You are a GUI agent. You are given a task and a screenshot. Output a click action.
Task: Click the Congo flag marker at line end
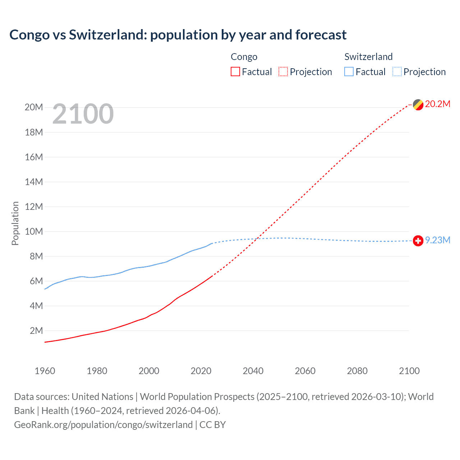pyautogui.click(x=418, y=105)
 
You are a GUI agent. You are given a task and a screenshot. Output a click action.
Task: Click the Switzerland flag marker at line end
pyautogui.click(x=418, y=240)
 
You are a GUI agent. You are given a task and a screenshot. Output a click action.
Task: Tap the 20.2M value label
pyautogui.click(x=437, y=104)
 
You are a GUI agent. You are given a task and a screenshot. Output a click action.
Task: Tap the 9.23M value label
pyautogui.click(x=437, y=240)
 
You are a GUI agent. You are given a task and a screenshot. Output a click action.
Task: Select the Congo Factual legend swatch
pyautogui.click(x=235, y=72)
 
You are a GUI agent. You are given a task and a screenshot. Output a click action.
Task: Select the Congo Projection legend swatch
pyautogui.click(x=283, y=72)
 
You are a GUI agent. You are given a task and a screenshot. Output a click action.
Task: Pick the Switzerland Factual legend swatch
pyautogui.click(x=349, y=72)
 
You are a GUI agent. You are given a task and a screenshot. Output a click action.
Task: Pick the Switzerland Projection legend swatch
pyautogui.click(x=397, y=72)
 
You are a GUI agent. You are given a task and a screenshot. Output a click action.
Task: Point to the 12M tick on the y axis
pyautogui.click(x=34, y=207)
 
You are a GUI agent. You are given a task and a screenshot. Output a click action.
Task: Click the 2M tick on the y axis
pyautogui.click(x=36, y=331)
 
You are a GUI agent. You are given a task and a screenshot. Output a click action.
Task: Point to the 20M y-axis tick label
pyautogui.click(x=34, y=107)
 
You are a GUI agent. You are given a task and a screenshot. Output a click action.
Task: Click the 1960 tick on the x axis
pyautogui.click(x=45, y=371)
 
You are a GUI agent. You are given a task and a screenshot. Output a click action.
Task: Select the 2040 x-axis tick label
pyautogui.click(x=253, y=371)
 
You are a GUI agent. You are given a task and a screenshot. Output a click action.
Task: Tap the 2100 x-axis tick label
pyautogui.click(x=409, y=371)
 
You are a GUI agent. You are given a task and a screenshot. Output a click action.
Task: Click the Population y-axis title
pyautogui.click(x=15, y=223)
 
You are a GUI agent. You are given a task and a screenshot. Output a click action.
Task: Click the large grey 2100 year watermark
pyautogui.click(x=83, y=114)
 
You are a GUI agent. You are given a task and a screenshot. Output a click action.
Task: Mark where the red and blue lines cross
pyautogui.click(x=257, y=238)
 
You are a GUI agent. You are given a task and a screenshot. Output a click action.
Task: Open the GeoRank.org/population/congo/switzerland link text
pyautogui.click(x=103, y=425)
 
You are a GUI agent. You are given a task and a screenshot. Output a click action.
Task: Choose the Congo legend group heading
pyautogui.click(x=244, y=57)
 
